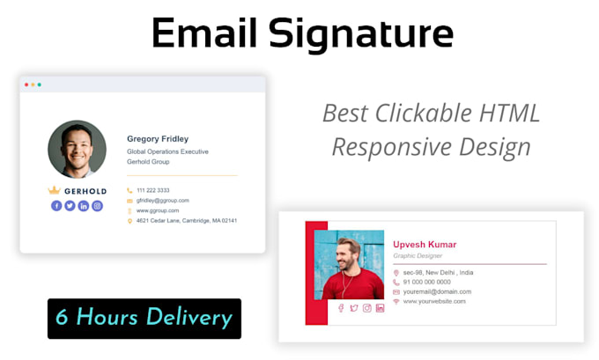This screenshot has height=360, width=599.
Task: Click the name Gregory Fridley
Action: (x=158, y=138)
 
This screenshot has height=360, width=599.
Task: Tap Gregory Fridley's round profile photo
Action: (x=77, y=150)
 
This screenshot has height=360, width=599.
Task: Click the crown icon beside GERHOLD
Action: (x=54, y=190)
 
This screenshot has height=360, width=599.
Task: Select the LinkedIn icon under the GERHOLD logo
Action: (x=84, y=206)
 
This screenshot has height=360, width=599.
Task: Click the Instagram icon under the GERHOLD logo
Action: (x=97, y=206)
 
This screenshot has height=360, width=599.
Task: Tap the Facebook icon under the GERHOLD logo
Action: (x=56, y=206)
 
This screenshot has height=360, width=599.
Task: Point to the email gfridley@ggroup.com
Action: (x=162, y=201)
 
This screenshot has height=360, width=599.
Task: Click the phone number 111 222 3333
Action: (x=152, y=190)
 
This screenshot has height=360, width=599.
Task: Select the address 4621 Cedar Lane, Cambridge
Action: (x=186, y=221)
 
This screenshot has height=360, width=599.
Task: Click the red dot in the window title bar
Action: (x=26, y=84)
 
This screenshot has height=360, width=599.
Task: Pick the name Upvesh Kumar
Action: (x=425, y=244)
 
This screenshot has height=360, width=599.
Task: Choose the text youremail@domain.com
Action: (x=437, y=291)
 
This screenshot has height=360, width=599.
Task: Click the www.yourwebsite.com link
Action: (x=434, y=301)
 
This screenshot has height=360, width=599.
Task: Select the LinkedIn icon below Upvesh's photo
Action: (x=380, y=308)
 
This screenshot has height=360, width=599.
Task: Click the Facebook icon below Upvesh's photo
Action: (x=342, y=308)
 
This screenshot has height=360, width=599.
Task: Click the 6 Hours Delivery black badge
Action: (x=144, y=318)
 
